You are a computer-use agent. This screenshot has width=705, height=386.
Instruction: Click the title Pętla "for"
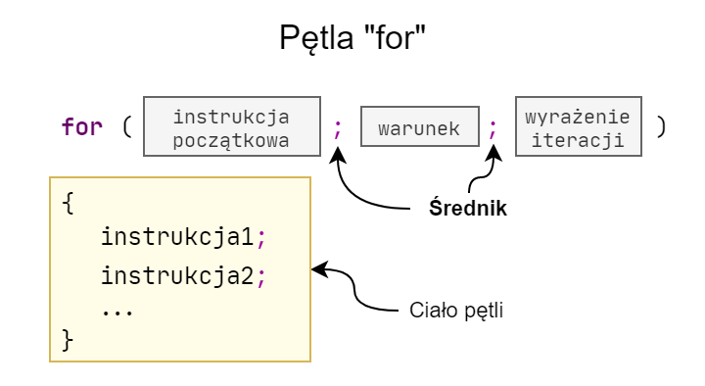point(352,41)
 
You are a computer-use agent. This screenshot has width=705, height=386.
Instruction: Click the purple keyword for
point(82,127)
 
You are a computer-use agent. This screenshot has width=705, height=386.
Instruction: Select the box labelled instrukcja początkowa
point(232,127)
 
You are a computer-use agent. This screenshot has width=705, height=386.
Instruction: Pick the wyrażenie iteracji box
point(578,127)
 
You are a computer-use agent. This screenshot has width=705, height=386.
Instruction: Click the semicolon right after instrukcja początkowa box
point(339,127)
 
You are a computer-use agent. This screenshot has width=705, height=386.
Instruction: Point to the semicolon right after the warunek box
point(493,127)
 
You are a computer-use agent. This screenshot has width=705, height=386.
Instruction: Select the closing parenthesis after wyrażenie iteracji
point(662,127)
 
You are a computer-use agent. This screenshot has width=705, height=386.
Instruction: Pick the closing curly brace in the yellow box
point(67,340)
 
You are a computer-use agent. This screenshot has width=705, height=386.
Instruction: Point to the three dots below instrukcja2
point(117,307)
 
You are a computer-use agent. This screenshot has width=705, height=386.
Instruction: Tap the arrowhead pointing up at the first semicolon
point(339,155)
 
